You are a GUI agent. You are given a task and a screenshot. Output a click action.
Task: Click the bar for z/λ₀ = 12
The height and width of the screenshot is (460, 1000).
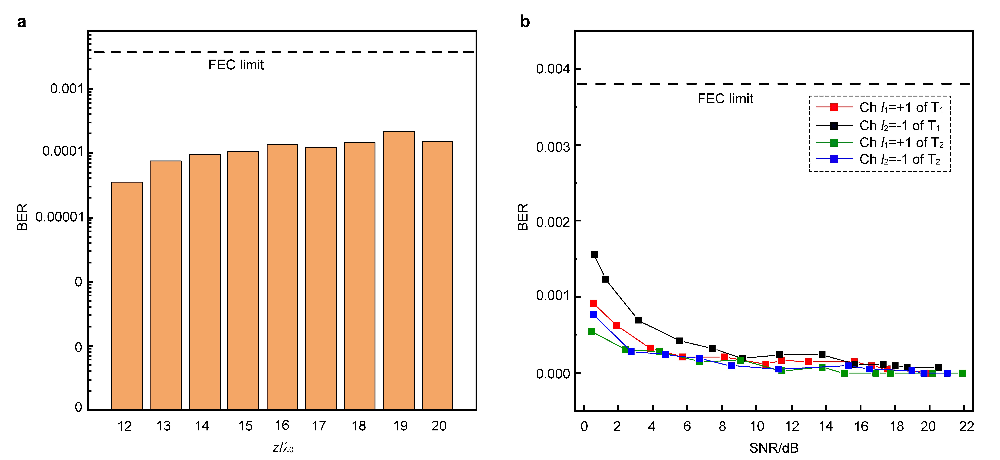click(127, 295)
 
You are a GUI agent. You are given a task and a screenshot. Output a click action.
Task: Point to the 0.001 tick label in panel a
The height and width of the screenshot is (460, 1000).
click(67, 89)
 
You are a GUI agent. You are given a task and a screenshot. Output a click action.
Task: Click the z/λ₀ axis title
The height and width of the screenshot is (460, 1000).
click(283, 448)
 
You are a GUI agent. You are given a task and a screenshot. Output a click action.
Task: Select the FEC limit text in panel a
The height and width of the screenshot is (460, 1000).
click(236, 65)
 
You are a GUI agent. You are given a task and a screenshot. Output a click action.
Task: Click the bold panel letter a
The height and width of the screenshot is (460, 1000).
click(22, 22)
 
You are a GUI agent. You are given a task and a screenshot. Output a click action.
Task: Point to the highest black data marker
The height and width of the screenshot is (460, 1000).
click(594, 254)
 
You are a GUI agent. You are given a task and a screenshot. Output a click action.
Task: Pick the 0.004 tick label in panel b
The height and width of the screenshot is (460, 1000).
click(553, 69)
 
